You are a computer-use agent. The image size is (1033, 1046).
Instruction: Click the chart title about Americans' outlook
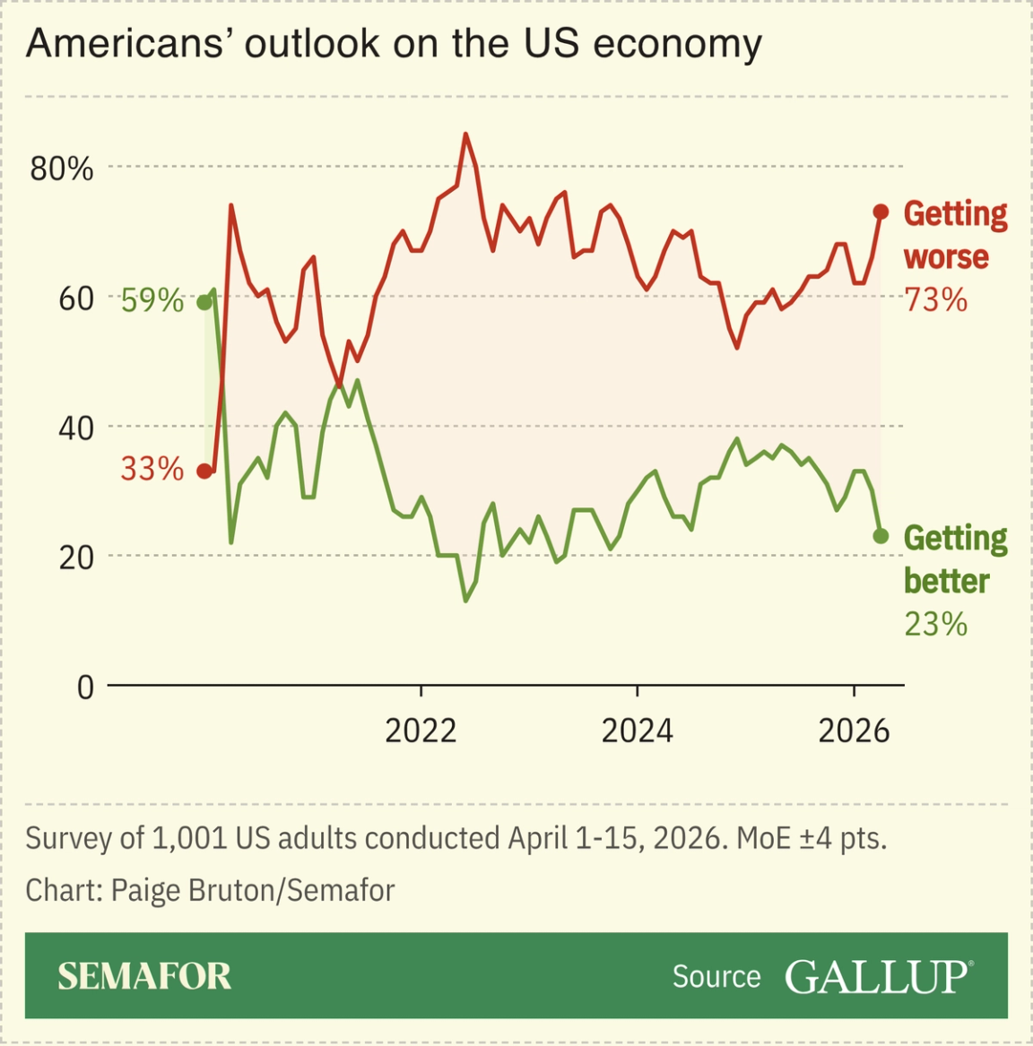tap(394, 43)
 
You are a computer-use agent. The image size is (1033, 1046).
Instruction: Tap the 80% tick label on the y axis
tap(61, 169)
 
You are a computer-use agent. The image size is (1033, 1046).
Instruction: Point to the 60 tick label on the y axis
tap(76, 298)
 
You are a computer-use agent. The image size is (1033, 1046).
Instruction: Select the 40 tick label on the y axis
tap(76, 428)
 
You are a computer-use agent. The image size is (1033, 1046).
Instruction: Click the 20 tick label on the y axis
tap(76, 558)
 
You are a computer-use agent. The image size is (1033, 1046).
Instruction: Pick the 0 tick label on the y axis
tap(85, 687)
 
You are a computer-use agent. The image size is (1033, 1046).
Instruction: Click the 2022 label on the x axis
tap(421, 731)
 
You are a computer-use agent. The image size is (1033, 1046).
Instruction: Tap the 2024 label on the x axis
tap(637, 731)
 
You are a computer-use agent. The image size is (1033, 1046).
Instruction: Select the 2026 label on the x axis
tap(854, 731)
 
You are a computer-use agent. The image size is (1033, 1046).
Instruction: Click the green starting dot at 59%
tap(204, 302)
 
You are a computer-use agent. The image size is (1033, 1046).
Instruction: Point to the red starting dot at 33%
tap(204, 471)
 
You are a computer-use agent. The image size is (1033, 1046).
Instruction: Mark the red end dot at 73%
tap(881, 212)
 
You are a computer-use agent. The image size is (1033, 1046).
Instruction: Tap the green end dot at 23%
tap(881, 536)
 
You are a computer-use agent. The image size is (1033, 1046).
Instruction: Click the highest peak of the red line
tap(465, 134)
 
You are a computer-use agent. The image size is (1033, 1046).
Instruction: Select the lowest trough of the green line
tap(465, 600)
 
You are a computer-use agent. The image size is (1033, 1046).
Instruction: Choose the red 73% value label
tap(935, 300)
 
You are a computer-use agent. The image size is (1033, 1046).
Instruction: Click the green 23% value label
tap(935, 624)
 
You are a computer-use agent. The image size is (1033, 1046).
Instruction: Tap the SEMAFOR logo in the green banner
tap(144, 976)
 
